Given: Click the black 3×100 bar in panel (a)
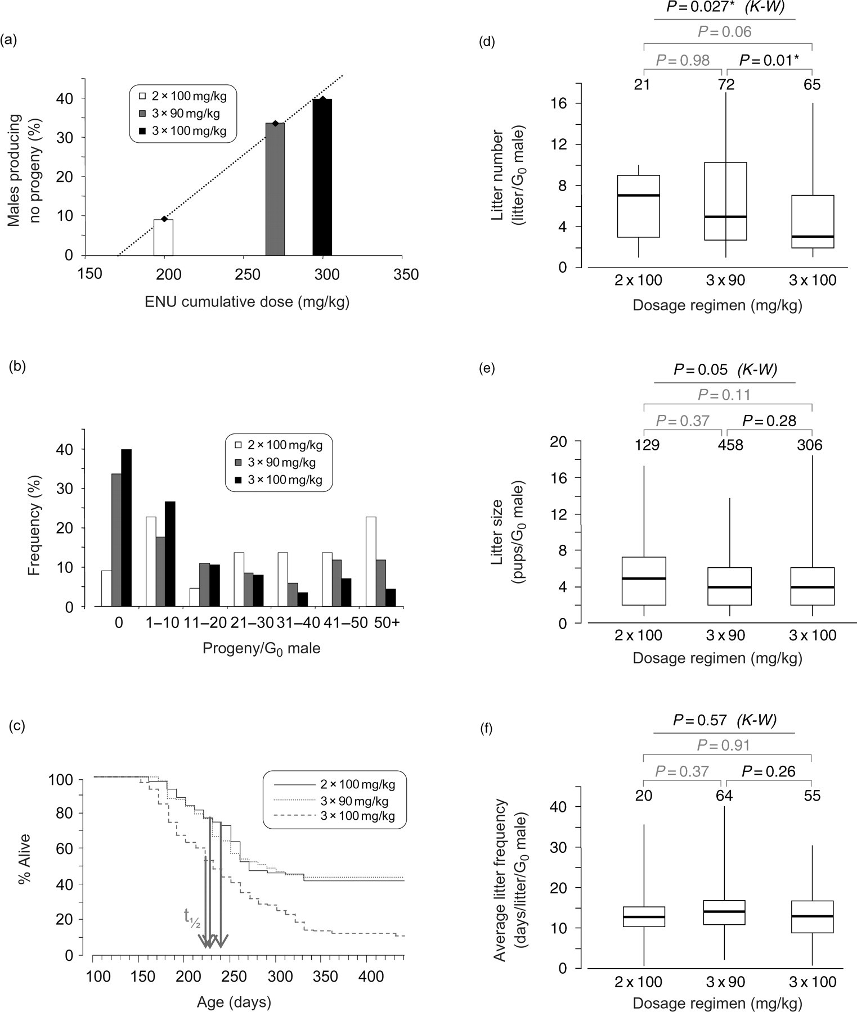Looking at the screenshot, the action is (x=322, y=177).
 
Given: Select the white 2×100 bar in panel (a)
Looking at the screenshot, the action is (x=164, y=237).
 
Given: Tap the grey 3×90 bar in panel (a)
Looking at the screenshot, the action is (x=275, y=189).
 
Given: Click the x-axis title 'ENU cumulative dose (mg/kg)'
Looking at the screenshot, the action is (x=247, y=302).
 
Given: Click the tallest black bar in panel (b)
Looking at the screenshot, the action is (x=126, y=528).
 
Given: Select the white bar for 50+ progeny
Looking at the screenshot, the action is (x=371, y=562).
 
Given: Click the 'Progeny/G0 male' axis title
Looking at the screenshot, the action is (x=262, y=648).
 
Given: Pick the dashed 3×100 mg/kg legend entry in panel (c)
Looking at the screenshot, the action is (x=334, y=816).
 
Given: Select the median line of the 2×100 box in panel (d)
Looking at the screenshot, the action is (x=638, y=195).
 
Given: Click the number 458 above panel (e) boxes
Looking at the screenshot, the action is (x=730, y=445).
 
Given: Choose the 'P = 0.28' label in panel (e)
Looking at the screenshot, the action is (x=769, y=421).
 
